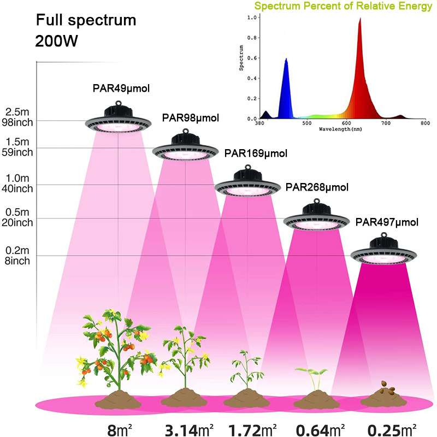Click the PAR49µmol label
pos(120,88)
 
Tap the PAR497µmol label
pos(387,222)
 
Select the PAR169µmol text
pos(256,153)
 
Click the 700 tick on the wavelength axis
pos(386,123)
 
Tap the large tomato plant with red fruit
pos(116,350)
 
